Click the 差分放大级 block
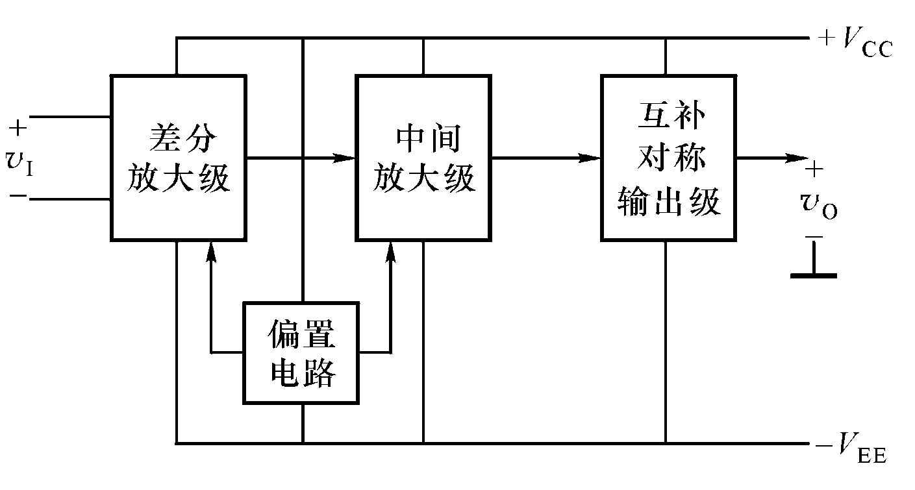(178, 158)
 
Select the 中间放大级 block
(423, 158)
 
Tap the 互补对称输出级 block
(668, 158)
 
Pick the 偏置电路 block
(301, 353)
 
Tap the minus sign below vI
(19, 195)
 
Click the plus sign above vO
(814, 170)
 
